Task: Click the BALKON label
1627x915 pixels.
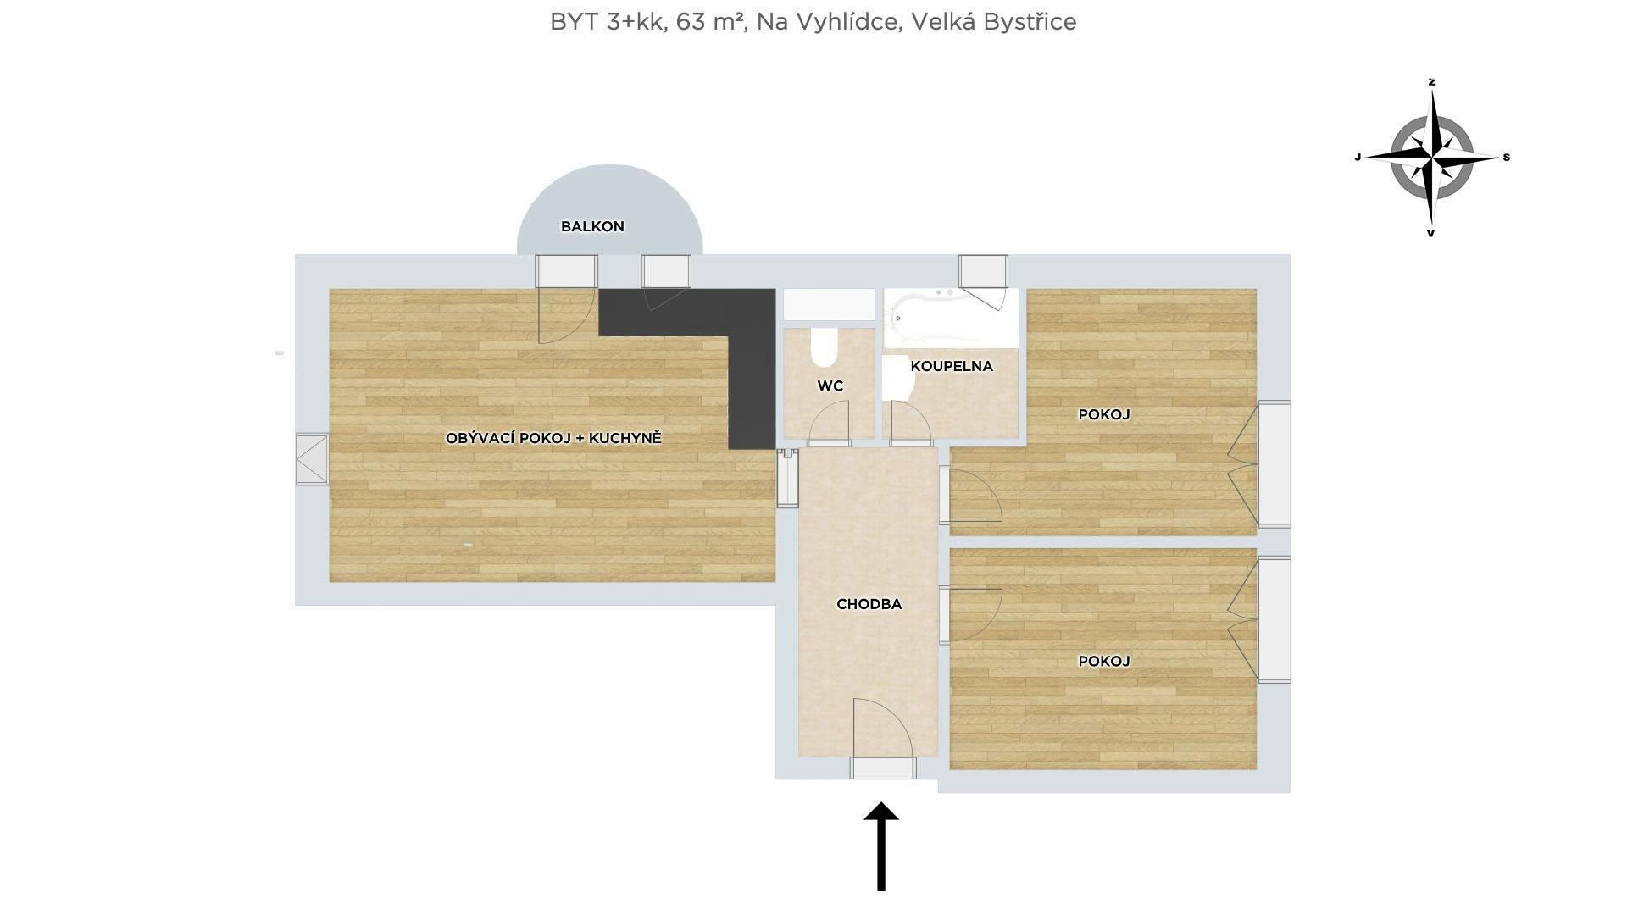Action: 592,226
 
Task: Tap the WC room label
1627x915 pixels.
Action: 830,386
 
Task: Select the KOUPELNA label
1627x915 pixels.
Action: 952,366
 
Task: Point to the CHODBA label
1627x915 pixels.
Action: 869,604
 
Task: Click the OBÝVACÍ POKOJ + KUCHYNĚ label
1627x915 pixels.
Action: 553,438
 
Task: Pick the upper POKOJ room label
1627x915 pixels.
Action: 1104,414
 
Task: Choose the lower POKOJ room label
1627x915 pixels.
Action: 1104,661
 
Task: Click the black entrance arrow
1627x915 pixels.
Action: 881,846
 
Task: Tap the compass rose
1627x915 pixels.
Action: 1432,158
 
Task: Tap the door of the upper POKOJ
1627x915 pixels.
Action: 971,495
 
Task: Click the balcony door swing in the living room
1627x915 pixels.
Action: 566,314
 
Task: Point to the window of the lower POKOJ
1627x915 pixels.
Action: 1274,619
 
